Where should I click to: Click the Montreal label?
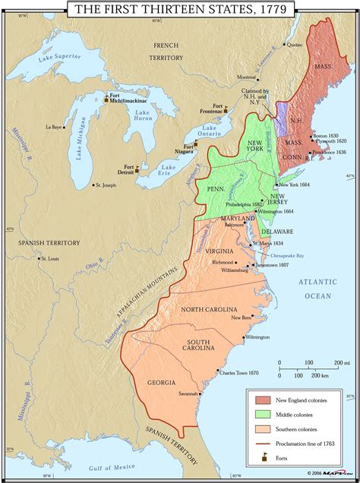pyautogui.click(x=246, y=77)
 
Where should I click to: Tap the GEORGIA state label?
pyautogui.click(x=162, y=382)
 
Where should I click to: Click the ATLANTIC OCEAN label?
pyautogui.click(x=314, y=288)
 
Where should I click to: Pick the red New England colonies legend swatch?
pyautogui.click(x=262, y=399)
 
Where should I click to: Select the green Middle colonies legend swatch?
pyautogui.click(x=262, y=414)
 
